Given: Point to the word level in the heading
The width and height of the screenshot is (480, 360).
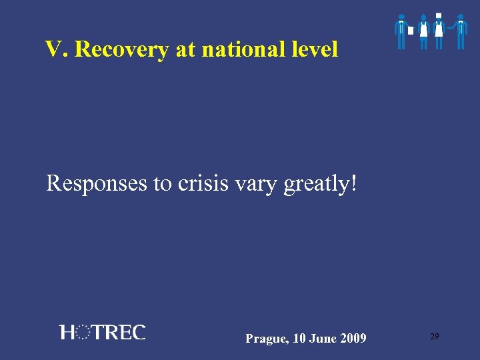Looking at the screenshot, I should [x=315, y=49].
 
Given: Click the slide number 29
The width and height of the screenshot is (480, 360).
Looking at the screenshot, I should [x=434, y=337].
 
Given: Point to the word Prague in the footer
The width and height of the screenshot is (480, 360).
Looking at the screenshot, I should [x=265, y=339].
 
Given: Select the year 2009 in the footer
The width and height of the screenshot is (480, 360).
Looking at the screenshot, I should [x=353, y=339].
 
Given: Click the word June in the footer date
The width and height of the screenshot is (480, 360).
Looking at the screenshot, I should [x=323, y=339].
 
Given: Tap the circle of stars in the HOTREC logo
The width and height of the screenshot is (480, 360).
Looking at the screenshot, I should [x=84, y=332].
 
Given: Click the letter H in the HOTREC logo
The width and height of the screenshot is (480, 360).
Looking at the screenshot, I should [x=67, y=332].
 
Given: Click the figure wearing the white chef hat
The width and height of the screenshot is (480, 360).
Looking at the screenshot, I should [x=438, y=31].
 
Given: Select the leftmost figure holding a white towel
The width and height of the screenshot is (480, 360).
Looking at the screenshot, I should [x=401, y=31].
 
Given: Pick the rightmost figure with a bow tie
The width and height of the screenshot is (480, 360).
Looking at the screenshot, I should [x=460, y=31].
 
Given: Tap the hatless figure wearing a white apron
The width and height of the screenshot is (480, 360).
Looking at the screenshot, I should [x=423, y=31].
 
